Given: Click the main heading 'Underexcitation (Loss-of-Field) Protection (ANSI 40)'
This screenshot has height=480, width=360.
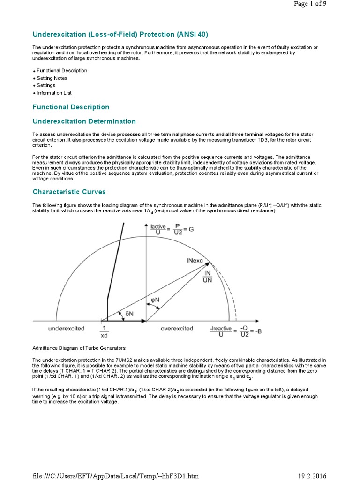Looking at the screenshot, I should (120, 34).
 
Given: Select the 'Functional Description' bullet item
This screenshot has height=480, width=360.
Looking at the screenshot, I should (62, 70).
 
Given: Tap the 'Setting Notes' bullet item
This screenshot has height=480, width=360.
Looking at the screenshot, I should (52, 78).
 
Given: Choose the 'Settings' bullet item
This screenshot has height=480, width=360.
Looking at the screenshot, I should (46, 85).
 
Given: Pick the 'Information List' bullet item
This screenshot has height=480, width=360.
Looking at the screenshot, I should (54, 93).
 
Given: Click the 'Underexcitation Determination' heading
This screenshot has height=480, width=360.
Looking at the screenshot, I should (84, 121).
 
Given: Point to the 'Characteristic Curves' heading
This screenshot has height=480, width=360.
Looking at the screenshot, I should (69, 192).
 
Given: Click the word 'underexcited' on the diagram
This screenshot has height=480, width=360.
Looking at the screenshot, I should (66, 329).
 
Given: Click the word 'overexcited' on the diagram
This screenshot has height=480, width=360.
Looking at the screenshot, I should (177, 329).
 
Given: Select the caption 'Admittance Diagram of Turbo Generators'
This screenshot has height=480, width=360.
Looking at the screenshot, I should (79, 348).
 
